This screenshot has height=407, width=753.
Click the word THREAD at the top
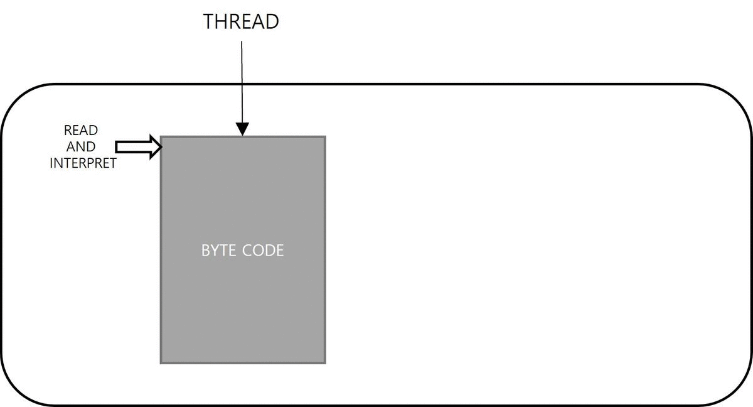coord(241,21)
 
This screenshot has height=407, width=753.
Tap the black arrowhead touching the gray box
coord(242,129)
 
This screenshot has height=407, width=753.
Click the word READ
coord(81,131)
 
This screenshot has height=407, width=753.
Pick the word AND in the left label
coord(81,147)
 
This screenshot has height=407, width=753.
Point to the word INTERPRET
coord(83,163)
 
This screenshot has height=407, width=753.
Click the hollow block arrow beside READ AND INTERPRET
coord(138,148)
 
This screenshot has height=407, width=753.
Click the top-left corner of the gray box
coord(161,137)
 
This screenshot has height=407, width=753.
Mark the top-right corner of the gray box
coord(324,137)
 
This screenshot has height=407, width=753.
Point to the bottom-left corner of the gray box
coord(161,362)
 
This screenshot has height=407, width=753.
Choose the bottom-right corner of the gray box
coord(324,362)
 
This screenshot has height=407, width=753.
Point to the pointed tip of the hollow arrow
coord(161,148)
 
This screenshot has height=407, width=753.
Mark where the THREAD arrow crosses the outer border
coord(242,84)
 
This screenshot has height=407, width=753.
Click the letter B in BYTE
coord(205,251)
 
